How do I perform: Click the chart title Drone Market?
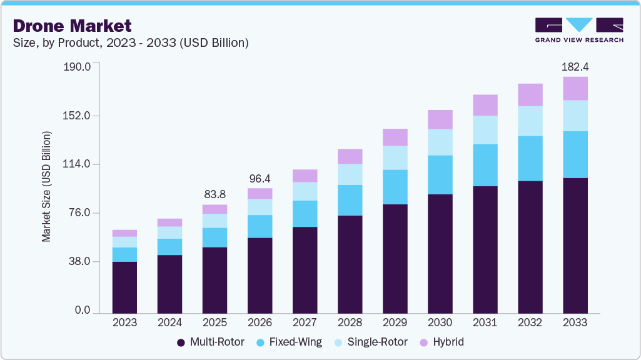[72, 26]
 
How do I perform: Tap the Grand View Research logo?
[579, 29]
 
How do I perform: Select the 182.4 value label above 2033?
[575, 66]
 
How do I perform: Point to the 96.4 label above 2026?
[260, 177]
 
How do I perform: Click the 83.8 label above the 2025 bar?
[215, 194]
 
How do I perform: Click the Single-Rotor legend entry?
[375, 342]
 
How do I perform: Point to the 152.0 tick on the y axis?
[78, 116]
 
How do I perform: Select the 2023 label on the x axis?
[124, 322]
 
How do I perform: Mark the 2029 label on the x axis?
[395, 322]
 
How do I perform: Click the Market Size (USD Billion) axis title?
[46, 187]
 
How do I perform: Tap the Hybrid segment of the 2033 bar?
[575, 88]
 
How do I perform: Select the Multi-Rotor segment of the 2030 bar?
[440, 253]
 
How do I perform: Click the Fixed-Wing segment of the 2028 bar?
[350, 200]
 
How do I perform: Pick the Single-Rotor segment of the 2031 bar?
[485, 129]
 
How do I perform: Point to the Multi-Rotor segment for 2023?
[124, 287]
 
